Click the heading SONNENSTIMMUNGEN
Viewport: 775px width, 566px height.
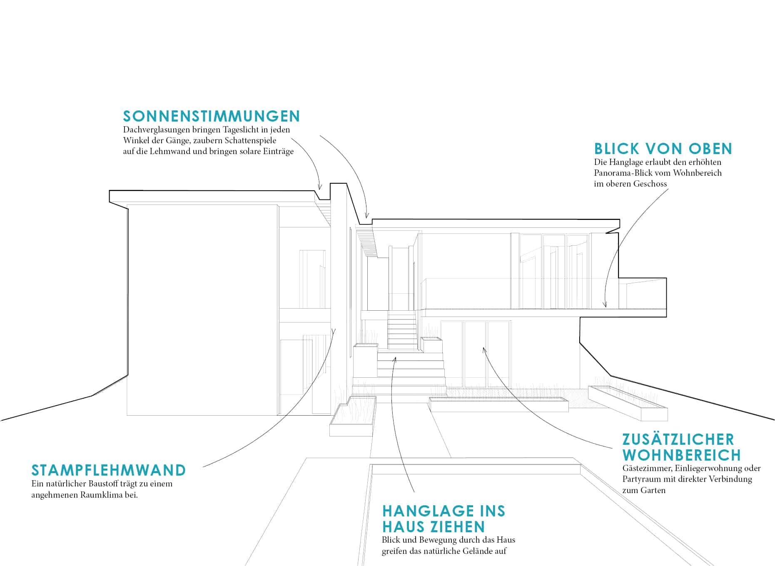pos(212,116)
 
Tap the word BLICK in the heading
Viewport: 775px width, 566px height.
pos(616,149)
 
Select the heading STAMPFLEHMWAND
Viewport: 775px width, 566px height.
pos(109,470)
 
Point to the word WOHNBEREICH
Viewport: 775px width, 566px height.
pos(682,455)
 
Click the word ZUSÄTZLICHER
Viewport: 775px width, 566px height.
pos(678,439)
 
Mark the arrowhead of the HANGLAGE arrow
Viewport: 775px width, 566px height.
pos(395,358)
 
